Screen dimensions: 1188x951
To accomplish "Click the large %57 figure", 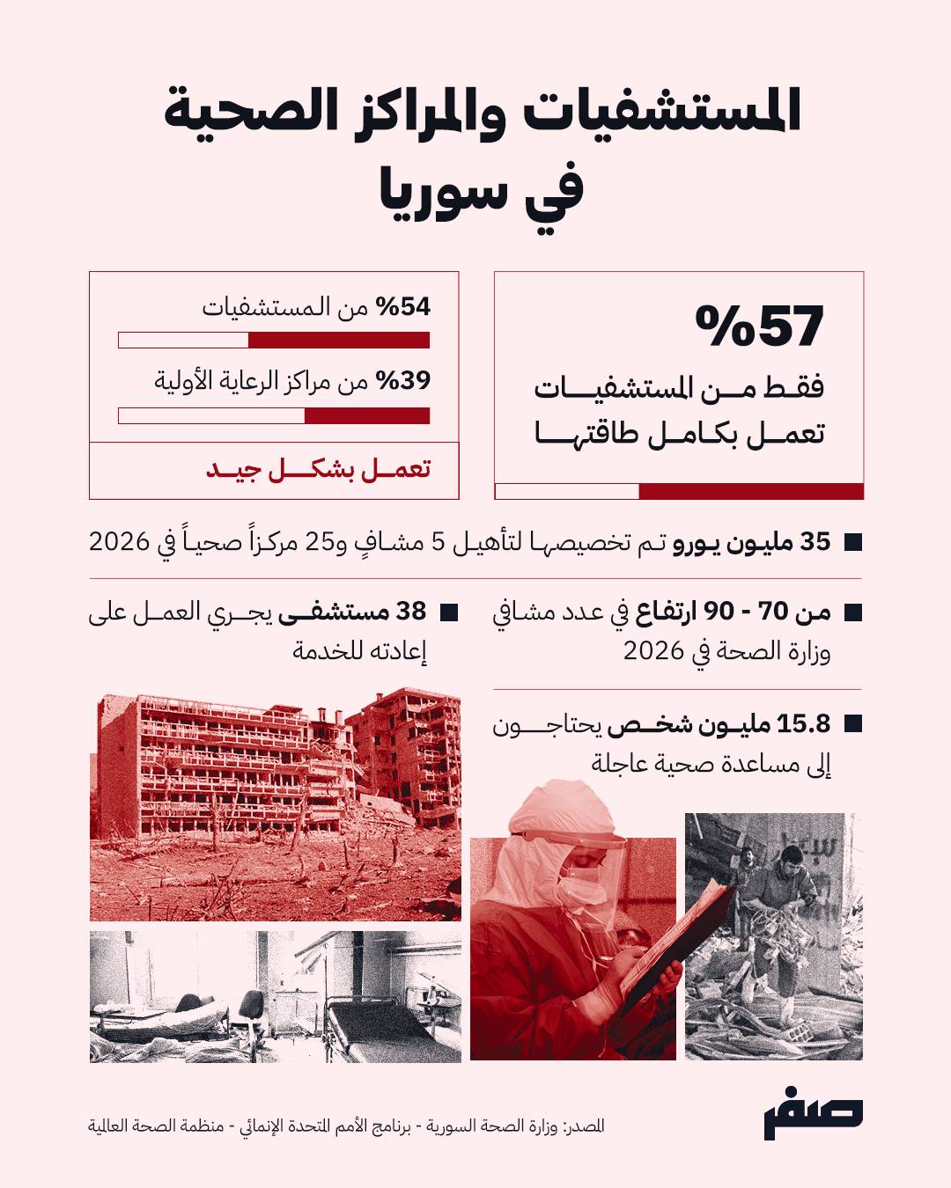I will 759,326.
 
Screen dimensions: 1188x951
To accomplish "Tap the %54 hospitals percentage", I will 403,307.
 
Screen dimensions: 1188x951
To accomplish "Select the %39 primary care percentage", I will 403,381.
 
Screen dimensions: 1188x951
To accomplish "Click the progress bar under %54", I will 274,341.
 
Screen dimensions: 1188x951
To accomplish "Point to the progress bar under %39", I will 274,415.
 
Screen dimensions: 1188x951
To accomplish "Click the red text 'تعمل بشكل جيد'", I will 318,469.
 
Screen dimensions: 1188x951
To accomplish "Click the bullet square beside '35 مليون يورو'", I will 851,543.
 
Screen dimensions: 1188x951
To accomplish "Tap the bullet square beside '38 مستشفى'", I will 447,612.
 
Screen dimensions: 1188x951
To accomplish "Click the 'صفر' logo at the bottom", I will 812,1118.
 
